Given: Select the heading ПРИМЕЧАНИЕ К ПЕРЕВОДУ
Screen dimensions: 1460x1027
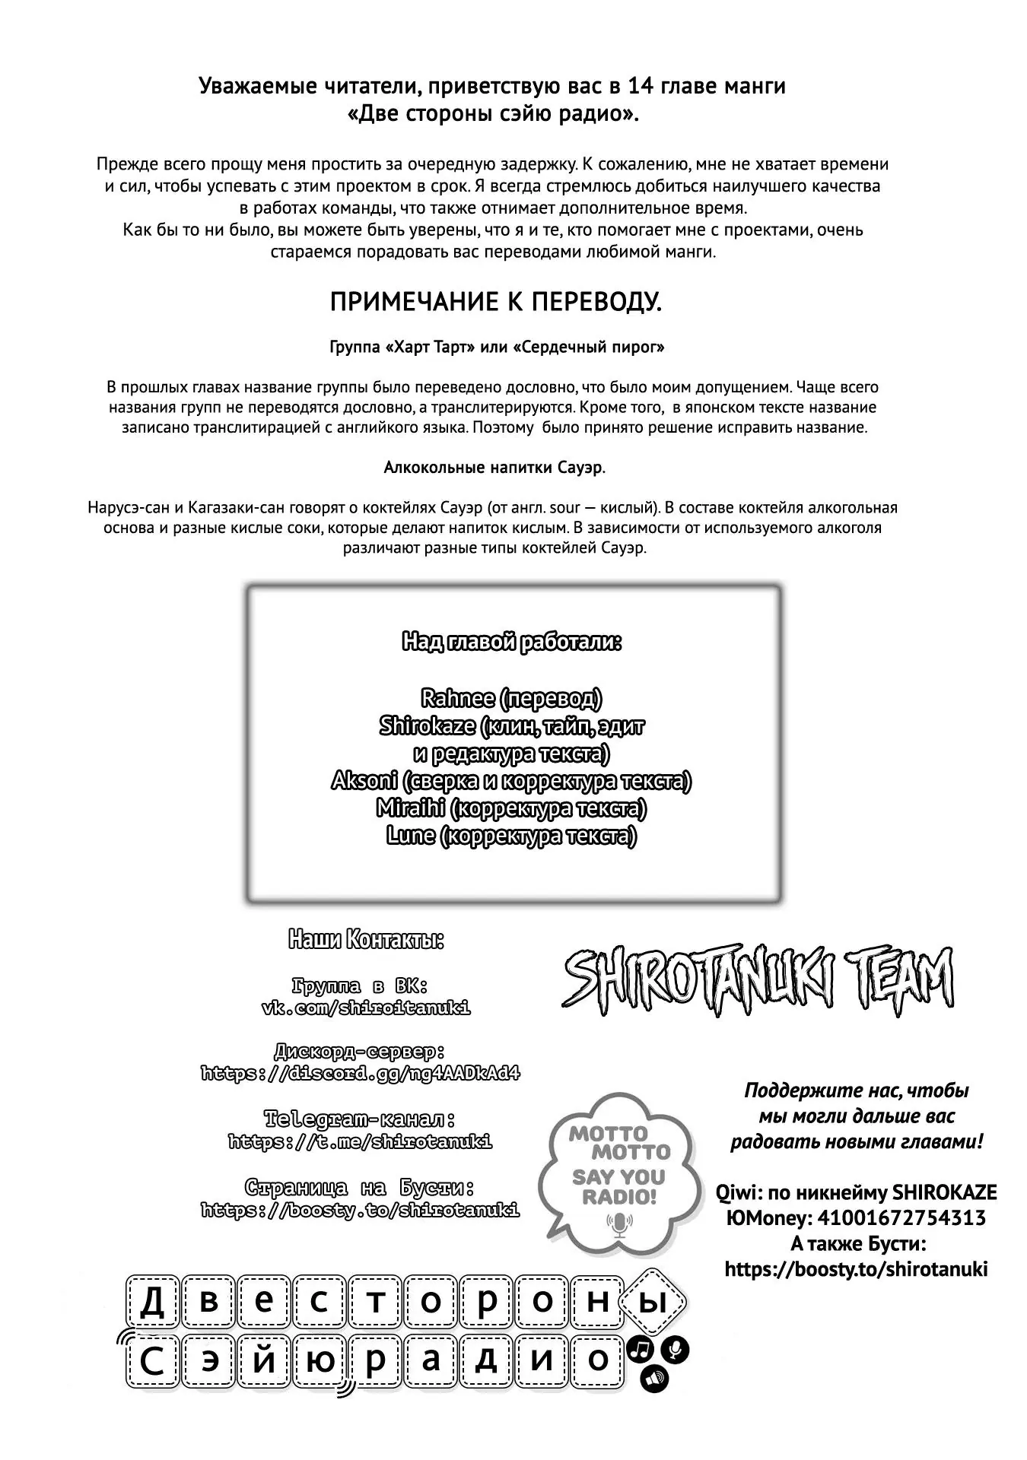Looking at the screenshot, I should click(496, 303).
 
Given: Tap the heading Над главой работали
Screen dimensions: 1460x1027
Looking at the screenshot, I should click(512, 643).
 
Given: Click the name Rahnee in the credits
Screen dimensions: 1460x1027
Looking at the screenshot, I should click(457, 698).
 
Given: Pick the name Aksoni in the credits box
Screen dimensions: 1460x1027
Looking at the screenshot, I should click(364, 781).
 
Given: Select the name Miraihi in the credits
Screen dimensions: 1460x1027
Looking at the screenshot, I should click(410, 808).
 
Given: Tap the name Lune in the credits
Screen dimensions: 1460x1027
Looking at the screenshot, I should click(411, 836).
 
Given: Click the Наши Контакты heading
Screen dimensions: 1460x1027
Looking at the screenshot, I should click(366, 941).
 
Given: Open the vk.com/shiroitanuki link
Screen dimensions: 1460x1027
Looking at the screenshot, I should click(366, 1008).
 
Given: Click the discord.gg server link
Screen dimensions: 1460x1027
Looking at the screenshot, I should click(361, 1074).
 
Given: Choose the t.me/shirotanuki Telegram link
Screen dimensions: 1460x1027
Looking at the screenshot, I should click(360, 1141).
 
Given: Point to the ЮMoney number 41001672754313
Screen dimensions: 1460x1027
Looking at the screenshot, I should click(901, 1218).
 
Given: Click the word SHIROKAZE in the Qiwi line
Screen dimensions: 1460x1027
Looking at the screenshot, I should click(944, 1192).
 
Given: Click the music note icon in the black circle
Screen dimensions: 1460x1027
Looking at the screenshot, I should click(641, 1350).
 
